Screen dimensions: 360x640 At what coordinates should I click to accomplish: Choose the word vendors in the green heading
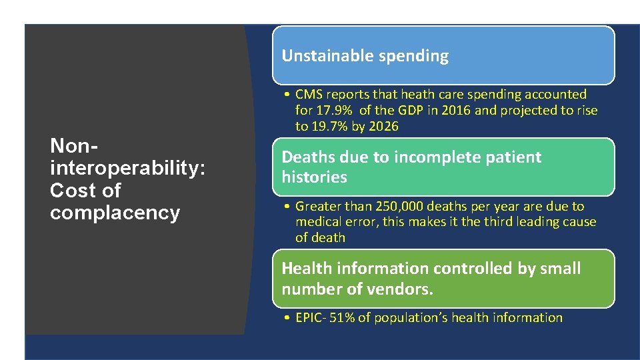pos(405,289)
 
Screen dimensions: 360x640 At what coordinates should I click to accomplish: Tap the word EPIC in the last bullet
pos(309,318)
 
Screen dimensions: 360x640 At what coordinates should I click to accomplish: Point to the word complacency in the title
pos(115,213)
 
